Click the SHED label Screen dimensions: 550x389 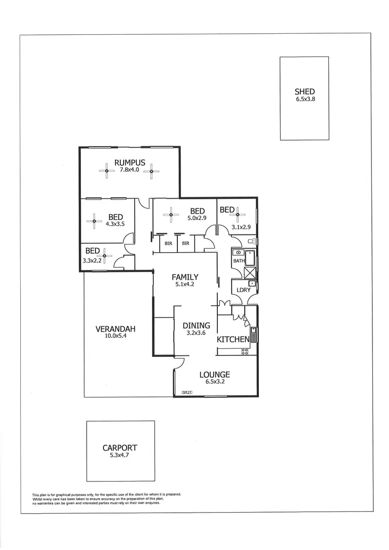304,92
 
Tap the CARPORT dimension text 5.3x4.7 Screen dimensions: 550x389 120,456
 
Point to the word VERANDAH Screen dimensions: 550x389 115,329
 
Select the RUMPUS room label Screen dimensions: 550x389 130,162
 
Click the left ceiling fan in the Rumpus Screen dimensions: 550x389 106,171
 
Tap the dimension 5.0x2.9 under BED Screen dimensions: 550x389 198,218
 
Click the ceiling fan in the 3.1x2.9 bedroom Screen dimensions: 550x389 239,213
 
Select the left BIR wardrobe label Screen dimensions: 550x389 169,243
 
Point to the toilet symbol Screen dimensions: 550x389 251,241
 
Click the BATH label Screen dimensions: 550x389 238,261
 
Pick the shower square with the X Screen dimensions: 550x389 250,273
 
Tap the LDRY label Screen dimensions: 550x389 243,290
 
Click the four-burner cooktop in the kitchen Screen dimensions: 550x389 245,351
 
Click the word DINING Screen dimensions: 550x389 197,326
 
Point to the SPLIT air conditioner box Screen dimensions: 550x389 187,392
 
